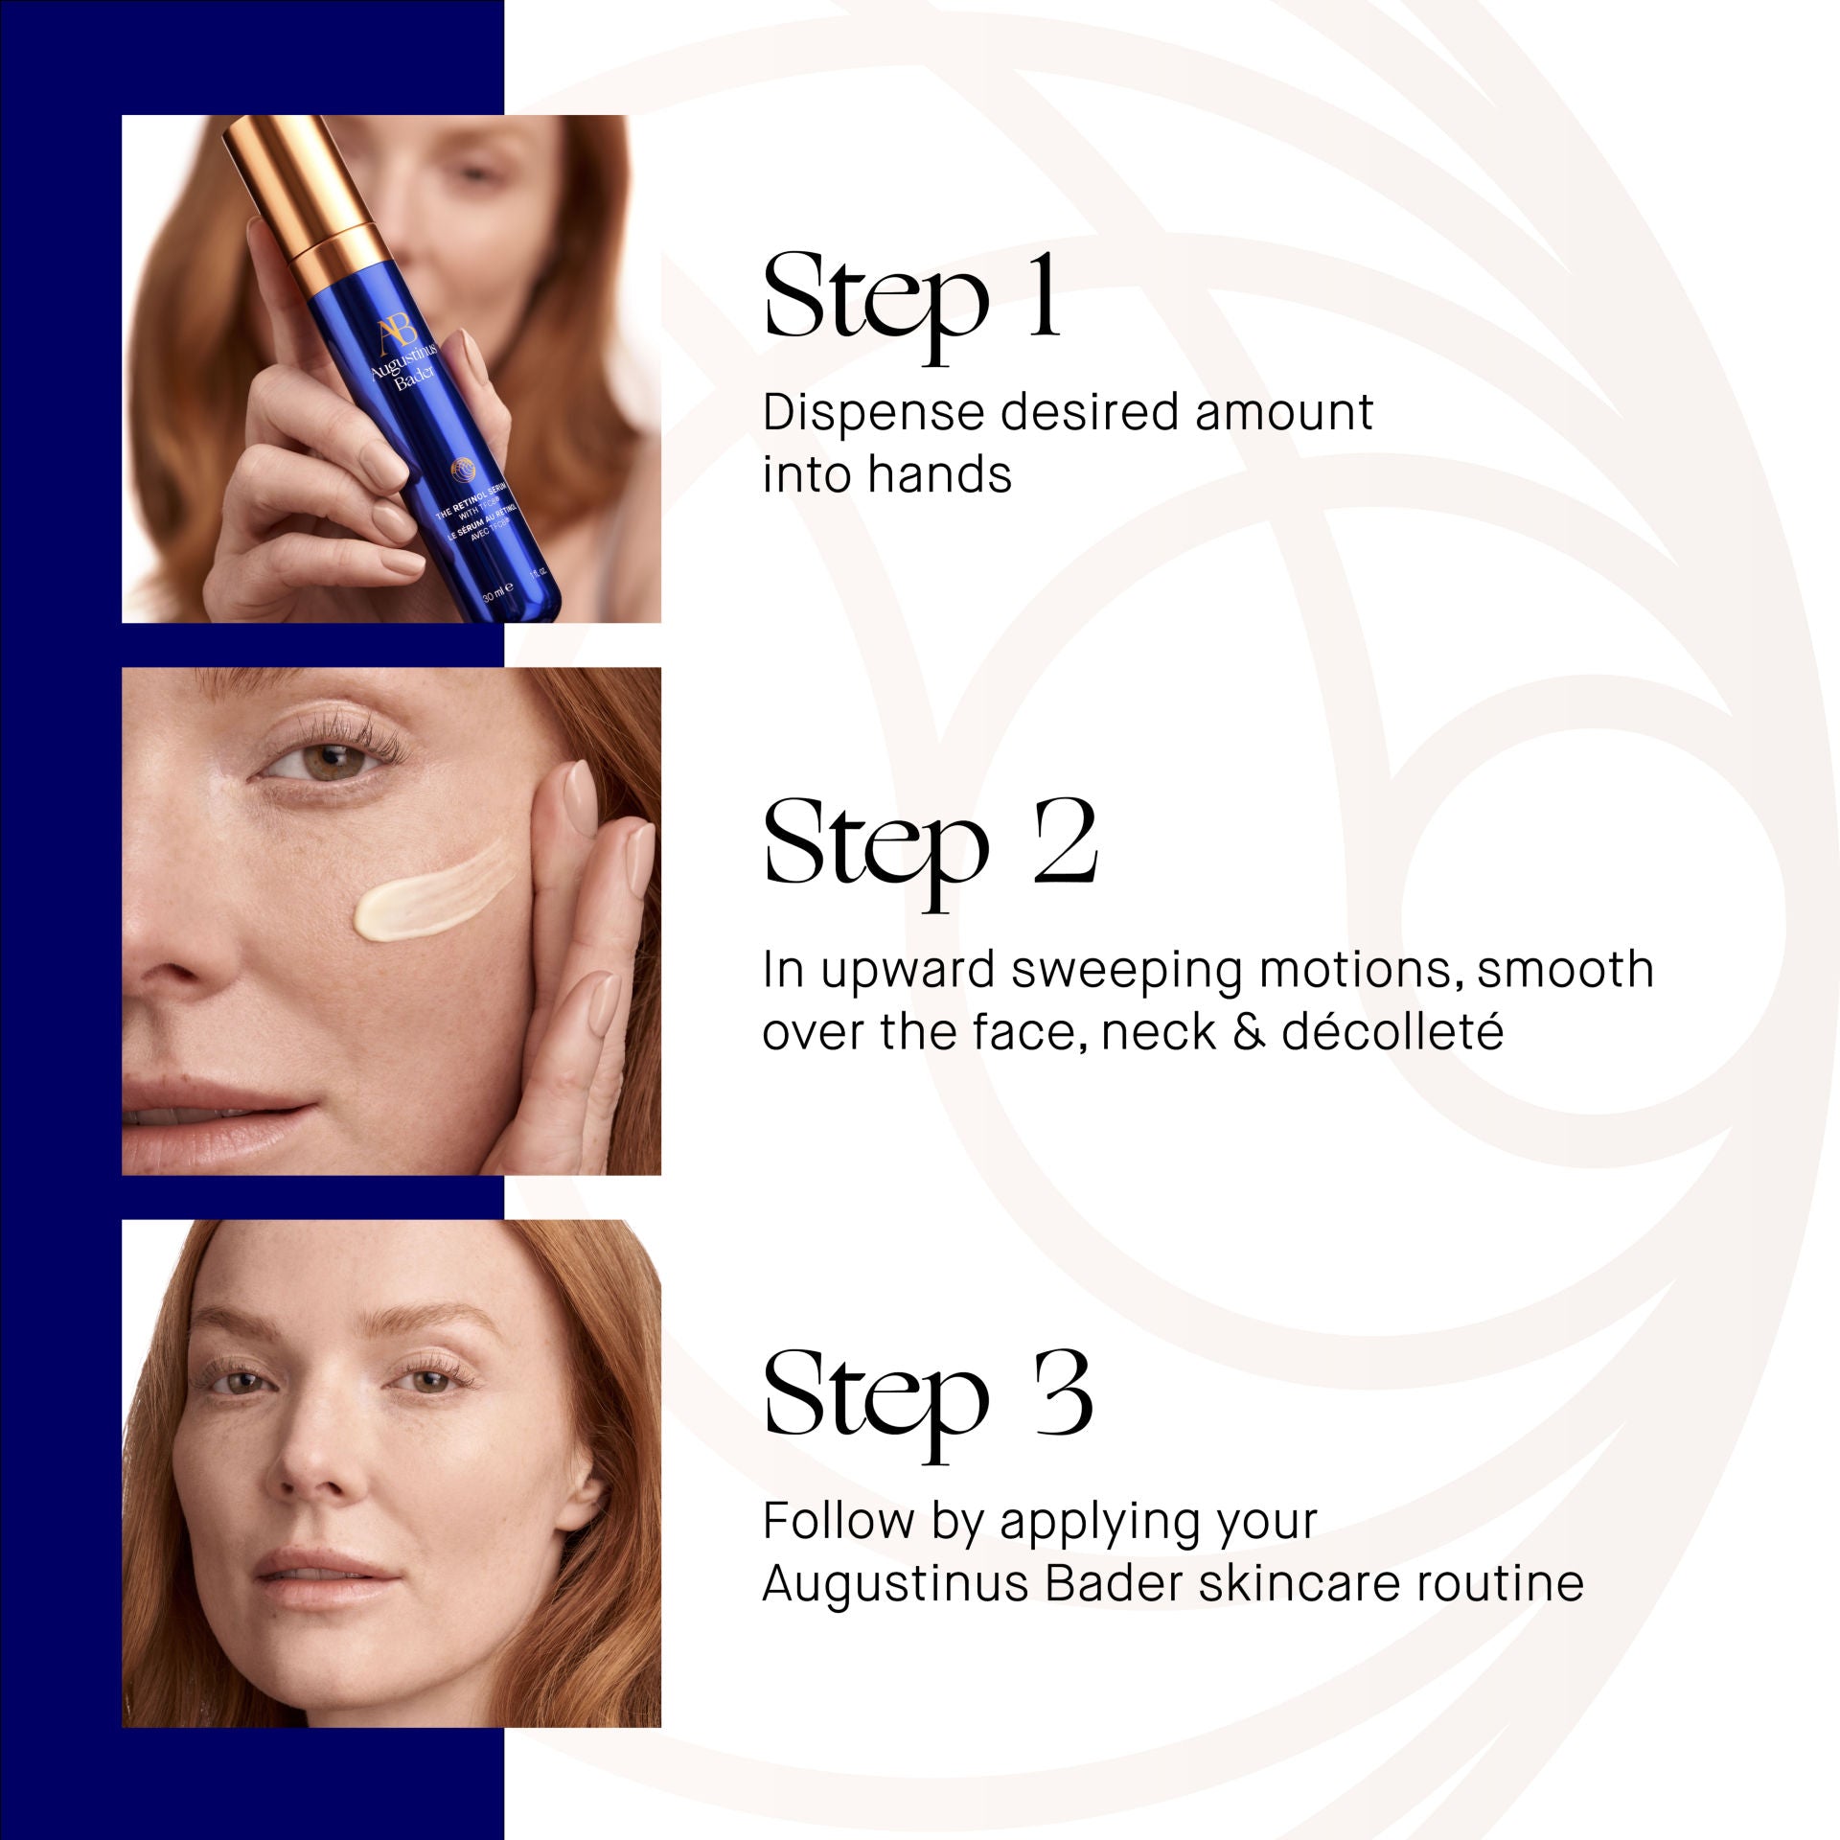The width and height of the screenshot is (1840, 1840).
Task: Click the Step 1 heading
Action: (x=911, y=297)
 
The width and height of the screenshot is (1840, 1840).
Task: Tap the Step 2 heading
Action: (x=930, y=844)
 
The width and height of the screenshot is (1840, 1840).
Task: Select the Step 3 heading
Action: (x=927, y=1396)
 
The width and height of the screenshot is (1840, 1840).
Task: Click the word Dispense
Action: (x=873, y=414)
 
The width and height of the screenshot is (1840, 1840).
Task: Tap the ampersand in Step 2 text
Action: (x=1248, y=1032)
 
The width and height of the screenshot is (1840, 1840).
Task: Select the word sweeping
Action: (x=1128, y=971)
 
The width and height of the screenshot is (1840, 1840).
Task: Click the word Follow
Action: (x=838, y=1521)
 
